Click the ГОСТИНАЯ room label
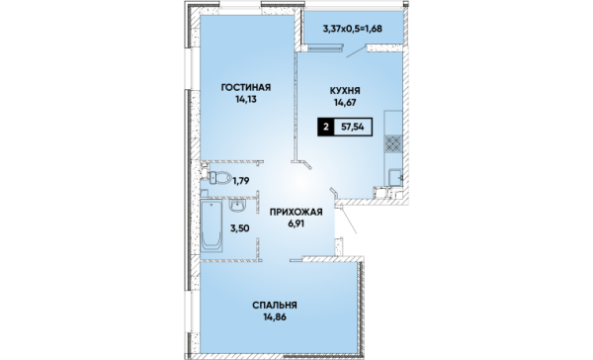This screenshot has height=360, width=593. pyautogui.click(x=246, y=87)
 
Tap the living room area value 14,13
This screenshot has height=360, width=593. pyautogui.click(x=245, y=100)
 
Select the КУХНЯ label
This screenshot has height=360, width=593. pyautogui.click(x=345, y=90)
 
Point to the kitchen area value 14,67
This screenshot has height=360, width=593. pyautogui.click(x=345, y=102)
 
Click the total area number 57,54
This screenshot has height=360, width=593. pyautogui.click(x=353, y=127)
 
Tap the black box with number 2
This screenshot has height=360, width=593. pyautogui.click(x=325, y=127)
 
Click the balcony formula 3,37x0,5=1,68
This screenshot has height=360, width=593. pyautogui.click(x=352, y=29)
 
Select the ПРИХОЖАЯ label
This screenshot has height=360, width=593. pyautogui.click(x=296, y=212)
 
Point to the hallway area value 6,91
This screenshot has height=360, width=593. pyautogui.click(x=296, y=224)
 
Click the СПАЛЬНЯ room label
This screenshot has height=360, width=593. pyautogui.click(x=275, y=306)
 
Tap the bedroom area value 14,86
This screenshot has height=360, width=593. pyautogui.click(x=275, y=316)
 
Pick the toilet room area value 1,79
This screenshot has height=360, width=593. pyautogui.click(x=241, y=181)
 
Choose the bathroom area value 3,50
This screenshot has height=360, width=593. pyautogui.click(x=240, y=228)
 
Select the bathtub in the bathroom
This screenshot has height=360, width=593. pyautogui.click(x=212, y=225)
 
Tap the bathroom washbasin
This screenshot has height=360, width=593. pyautogui.click(x=237, y=206)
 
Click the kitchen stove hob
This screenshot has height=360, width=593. pyautogui.click(x=393, y=143)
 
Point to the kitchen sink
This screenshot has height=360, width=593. pyautogui.click(x=395, y=177)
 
